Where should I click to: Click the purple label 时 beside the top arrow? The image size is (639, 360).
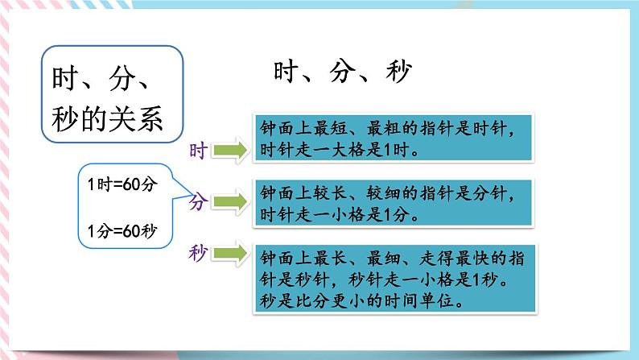click(x=198, y=150)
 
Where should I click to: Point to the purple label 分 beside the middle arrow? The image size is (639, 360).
click(x=199, y=202)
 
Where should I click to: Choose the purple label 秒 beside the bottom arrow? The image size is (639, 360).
click(x=199, y=254)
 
